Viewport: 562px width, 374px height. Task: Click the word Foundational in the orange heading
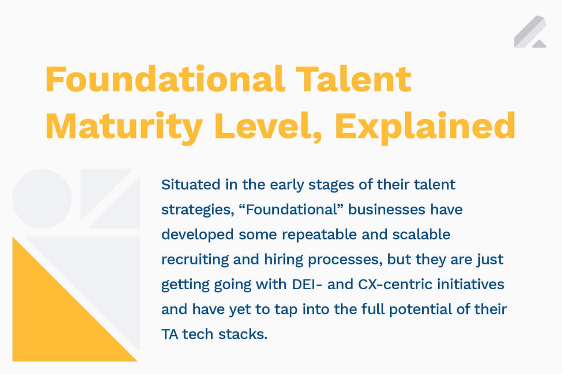[165, 79]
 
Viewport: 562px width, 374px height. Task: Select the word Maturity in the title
[124, 126]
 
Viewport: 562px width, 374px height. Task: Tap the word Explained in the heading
[425, 127]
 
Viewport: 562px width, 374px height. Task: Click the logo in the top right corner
[530, 32]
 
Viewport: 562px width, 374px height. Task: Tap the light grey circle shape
[42, 199]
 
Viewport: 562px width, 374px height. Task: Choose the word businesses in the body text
[387, 210]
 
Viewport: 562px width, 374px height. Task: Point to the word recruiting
[195, 260]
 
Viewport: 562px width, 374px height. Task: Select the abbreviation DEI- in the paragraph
[307, 285]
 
